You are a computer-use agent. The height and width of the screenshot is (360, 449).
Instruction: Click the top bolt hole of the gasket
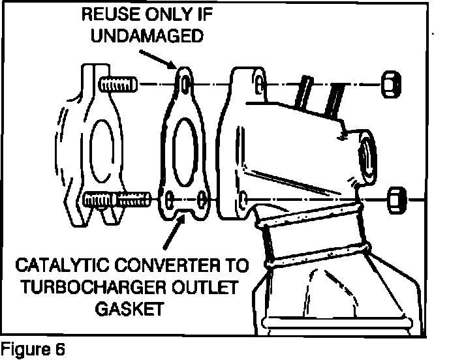(187, 84)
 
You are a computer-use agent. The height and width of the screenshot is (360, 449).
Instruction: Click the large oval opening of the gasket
(187, 145)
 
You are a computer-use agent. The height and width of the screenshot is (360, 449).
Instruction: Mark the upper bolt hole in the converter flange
(260, 84)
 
